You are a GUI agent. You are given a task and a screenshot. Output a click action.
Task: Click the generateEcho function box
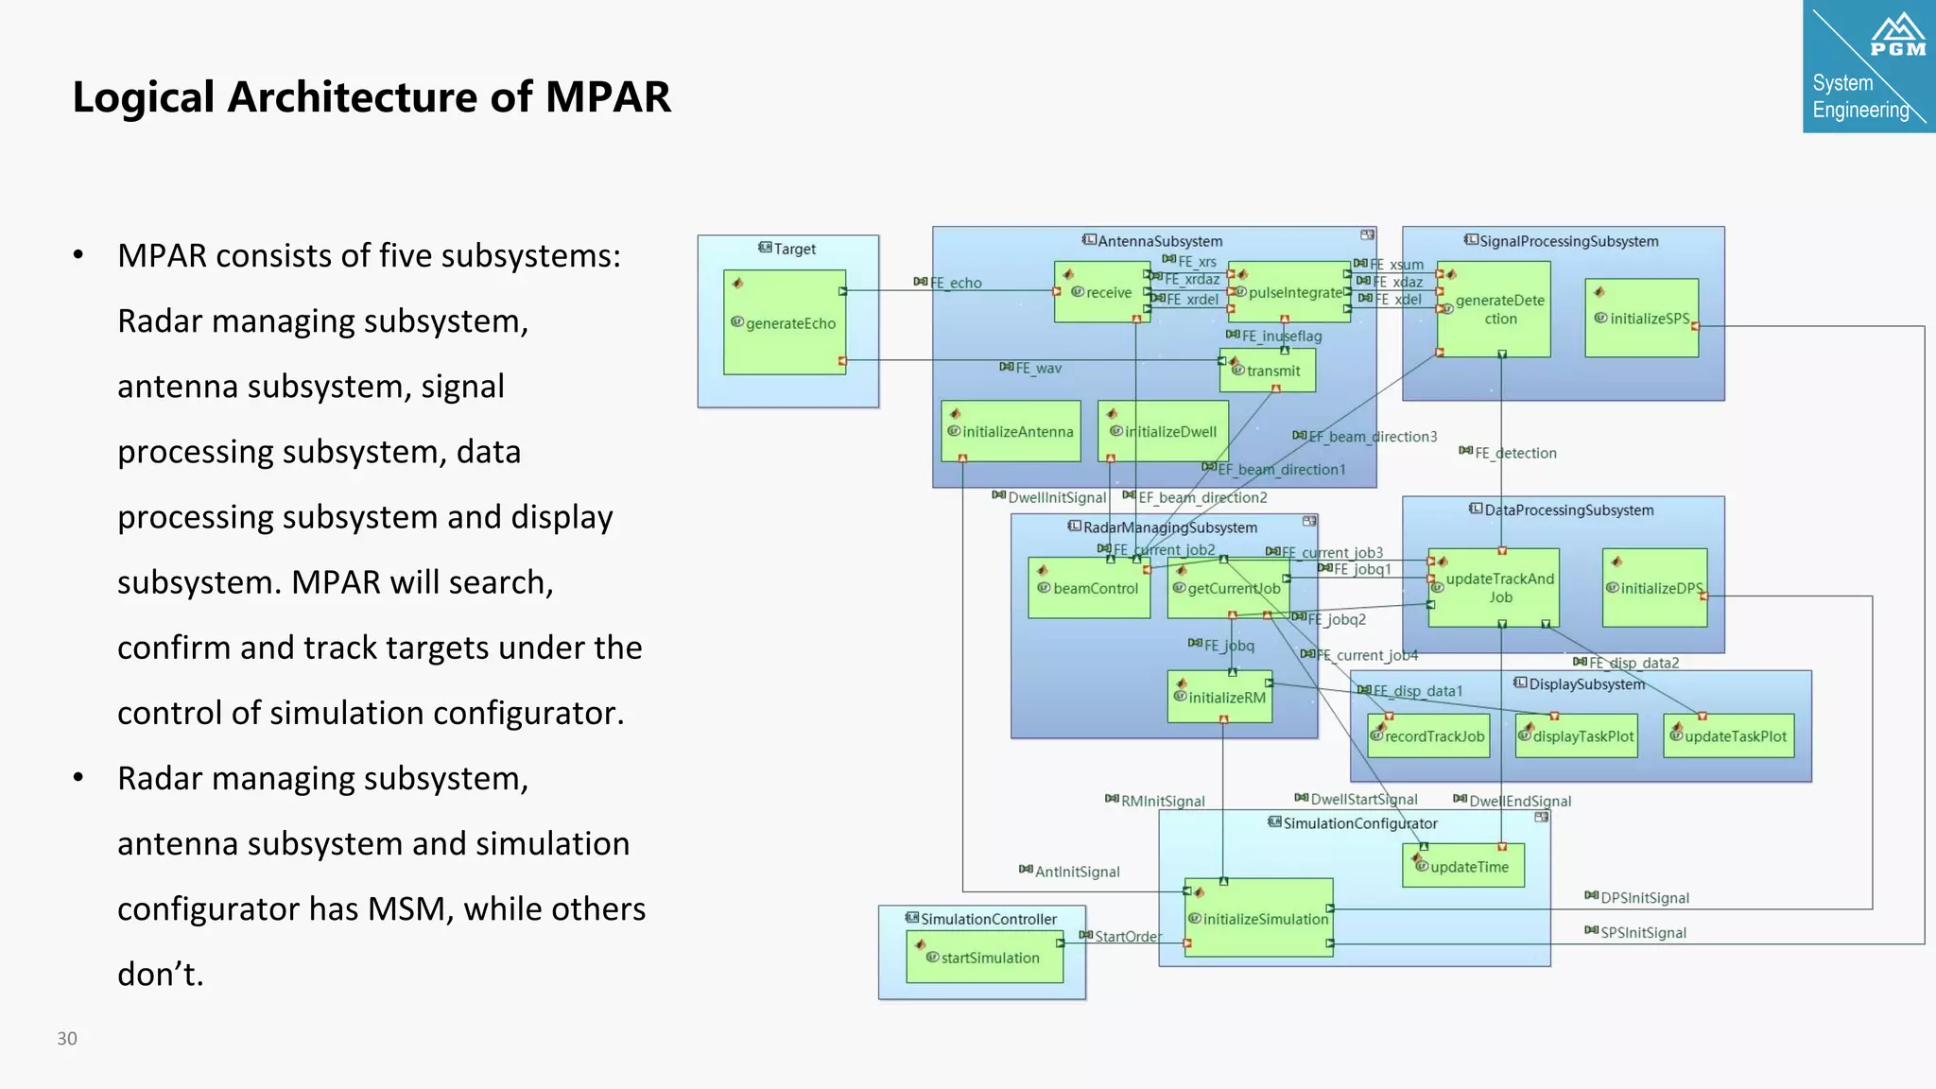point(785,323)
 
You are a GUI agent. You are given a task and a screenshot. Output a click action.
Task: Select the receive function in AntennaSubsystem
point(1100,293)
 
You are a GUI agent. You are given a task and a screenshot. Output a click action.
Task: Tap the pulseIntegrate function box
point(1289,293)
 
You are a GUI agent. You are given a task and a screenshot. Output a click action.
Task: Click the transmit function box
point(1268,371)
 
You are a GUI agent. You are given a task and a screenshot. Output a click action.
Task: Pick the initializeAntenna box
point(1011,432)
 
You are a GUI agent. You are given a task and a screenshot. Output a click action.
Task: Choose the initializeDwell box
point(1164,432)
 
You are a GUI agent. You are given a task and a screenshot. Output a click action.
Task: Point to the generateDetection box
point(1494,309)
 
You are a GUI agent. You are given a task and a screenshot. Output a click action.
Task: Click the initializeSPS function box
point(1642,319)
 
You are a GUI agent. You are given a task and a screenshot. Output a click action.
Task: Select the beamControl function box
point(1089,588)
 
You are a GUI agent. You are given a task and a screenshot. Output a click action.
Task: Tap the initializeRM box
point(1220,698)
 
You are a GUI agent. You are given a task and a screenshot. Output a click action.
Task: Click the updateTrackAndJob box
point(1494,588)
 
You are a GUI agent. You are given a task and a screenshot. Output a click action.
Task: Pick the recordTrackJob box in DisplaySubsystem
point(1428,736)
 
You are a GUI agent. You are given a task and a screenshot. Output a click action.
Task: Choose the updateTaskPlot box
point(1729,736)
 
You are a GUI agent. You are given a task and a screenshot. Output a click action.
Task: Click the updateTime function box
point(1463,867)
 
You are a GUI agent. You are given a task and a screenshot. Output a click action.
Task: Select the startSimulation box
point(984,958)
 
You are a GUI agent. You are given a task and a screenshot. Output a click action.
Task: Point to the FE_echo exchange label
point(955,283)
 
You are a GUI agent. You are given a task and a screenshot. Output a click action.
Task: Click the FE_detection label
point(1514,453)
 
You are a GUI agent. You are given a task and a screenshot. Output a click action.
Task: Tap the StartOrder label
point(1127,936)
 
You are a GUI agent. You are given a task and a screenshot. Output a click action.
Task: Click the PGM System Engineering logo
point(1868,66)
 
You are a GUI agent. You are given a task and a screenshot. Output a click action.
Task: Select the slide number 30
point(67,1038)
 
